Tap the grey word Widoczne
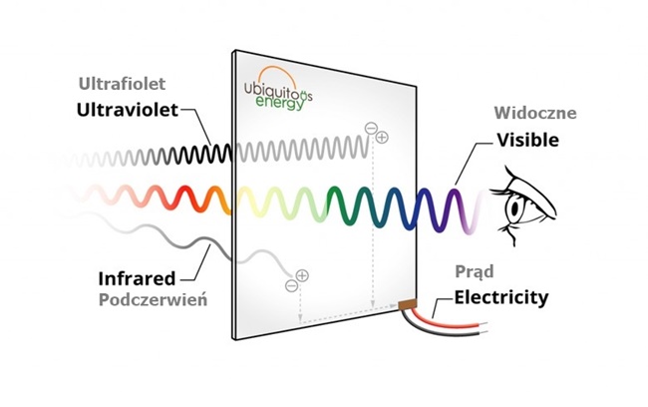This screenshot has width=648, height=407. click(x=534, y=114)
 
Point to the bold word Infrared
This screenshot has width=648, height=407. click(x=137, y=276)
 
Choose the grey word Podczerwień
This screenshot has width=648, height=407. click(x=153, y=298)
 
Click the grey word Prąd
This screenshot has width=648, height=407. click(x=475, y=270)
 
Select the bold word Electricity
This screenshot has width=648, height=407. click(x=501, y=296)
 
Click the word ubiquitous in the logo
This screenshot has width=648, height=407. click(x=289, y=87)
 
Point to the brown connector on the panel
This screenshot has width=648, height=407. click(x=407, y=304)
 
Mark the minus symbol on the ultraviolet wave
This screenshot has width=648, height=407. click(x=371, y=128)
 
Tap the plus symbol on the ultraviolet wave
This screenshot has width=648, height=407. click(x=382, y=137)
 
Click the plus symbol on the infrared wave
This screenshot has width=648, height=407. click(x=302, y=275)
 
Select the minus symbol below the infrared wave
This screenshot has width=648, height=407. click(x=291, y=285)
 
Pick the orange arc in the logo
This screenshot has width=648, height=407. click(x=279, y=70)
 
